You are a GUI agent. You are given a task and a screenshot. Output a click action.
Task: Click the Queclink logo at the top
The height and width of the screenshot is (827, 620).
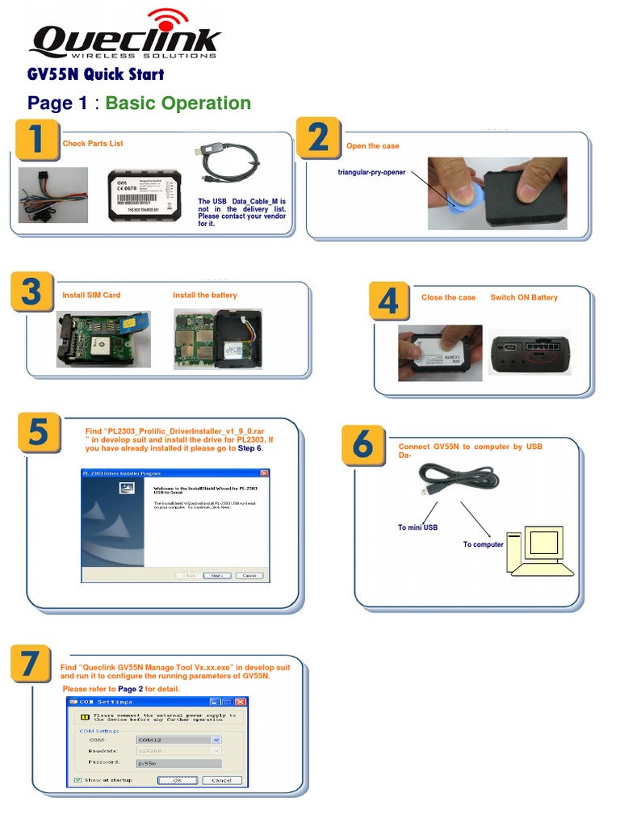(x=125, y=36)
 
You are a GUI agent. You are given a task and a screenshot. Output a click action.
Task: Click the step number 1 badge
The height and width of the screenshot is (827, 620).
(x=35, y=141)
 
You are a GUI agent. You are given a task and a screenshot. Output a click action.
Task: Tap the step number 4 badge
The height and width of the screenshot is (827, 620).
(x=388, y=302)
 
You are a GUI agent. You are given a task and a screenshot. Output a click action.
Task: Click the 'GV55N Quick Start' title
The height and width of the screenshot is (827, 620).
(x=95, y=75)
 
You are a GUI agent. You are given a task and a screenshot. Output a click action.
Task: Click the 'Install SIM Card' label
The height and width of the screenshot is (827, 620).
(x=91, y=296)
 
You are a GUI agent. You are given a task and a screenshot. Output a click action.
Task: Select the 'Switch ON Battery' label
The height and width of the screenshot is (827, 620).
(x=524, y=298)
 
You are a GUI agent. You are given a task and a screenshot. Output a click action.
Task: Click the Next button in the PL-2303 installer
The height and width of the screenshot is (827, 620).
(x=216, y=576)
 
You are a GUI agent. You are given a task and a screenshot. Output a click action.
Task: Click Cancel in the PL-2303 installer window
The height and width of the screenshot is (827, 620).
(x=249, y=576)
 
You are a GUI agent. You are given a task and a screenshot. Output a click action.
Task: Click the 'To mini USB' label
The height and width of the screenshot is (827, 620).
(x=418, y=528)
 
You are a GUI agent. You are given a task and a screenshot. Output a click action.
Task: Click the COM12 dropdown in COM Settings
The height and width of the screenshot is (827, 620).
(x=178, y=739)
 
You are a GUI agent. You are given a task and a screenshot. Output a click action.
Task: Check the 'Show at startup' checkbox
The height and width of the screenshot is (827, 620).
(x=77, y=780)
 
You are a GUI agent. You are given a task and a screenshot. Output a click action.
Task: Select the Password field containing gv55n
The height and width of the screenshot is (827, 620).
(x=178, y=762)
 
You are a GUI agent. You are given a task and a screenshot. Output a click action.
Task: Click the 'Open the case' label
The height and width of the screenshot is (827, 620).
(x=373, y=146)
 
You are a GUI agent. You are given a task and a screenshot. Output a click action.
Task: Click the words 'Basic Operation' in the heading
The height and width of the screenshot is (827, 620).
(x=178, y=103)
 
